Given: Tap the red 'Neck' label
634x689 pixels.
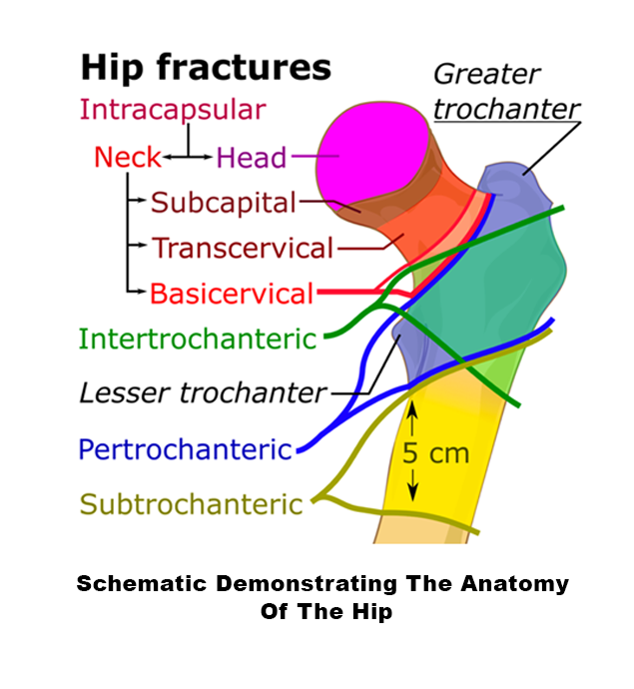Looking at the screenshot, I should coord(127,157).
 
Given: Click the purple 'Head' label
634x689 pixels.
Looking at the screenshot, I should coord(251,157).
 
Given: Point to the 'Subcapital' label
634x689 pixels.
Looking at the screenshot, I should coord(224,203).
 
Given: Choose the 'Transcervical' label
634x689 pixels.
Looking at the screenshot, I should coord(242,248).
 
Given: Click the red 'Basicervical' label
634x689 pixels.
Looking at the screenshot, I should coord(232,294).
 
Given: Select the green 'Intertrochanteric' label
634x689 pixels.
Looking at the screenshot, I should coord(198,339).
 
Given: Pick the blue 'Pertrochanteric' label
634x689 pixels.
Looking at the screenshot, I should coord(186,448).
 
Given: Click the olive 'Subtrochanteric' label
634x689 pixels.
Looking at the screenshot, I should coord(191,503).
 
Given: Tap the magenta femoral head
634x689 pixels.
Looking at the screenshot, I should coord(368,151).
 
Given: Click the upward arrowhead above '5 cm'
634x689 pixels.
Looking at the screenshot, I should coord(410,405).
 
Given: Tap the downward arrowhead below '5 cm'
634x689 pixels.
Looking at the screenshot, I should coord(410,496).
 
